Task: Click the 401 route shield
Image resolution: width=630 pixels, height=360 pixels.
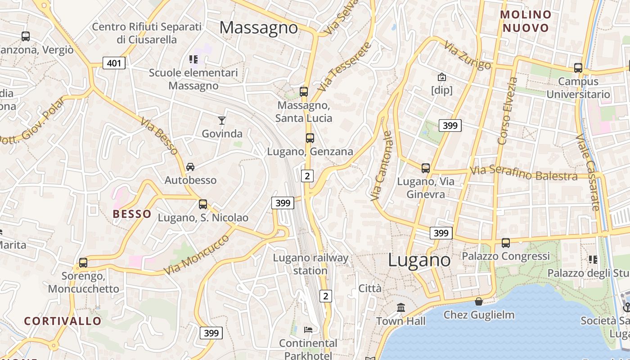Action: (114, 63)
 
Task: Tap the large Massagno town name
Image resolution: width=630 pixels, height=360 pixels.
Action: (259, 28)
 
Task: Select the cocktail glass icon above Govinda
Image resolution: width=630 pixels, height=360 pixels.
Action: (222, 120)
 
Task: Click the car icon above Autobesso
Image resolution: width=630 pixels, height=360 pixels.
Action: (190, 167)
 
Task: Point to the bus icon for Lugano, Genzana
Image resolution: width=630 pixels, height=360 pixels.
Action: (310, 138)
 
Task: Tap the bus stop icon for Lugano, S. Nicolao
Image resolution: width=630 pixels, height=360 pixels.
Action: (203, 204)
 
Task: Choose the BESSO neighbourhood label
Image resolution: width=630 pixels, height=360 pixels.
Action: (132, 214)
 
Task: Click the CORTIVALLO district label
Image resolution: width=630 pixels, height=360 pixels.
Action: (63, 321)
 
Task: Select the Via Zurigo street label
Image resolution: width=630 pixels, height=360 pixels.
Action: (467, 56)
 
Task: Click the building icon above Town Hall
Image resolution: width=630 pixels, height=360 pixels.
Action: (400, 308)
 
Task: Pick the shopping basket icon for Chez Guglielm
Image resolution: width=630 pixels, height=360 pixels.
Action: (479, 301)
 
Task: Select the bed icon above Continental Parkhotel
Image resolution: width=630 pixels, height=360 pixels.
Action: (308, 330)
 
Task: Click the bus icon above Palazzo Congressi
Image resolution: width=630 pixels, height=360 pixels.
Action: (506, 243)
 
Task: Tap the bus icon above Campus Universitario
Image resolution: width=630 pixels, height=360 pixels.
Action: (578, 68)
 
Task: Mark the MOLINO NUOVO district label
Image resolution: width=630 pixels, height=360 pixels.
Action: (526, 21)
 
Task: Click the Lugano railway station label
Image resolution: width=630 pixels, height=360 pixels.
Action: (310, 264)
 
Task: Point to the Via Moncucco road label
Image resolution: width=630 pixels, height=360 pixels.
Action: (196, 254)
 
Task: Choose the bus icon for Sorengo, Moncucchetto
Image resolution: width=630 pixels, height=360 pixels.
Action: (83, 262)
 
